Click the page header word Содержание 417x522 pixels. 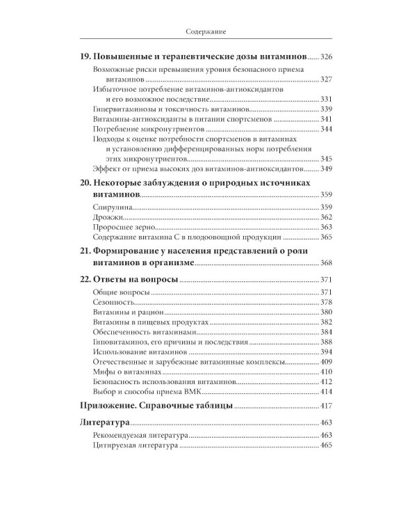[208, 31]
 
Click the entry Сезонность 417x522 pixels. [113, 303]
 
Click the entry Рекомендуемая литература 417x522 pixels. [140, 435]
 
